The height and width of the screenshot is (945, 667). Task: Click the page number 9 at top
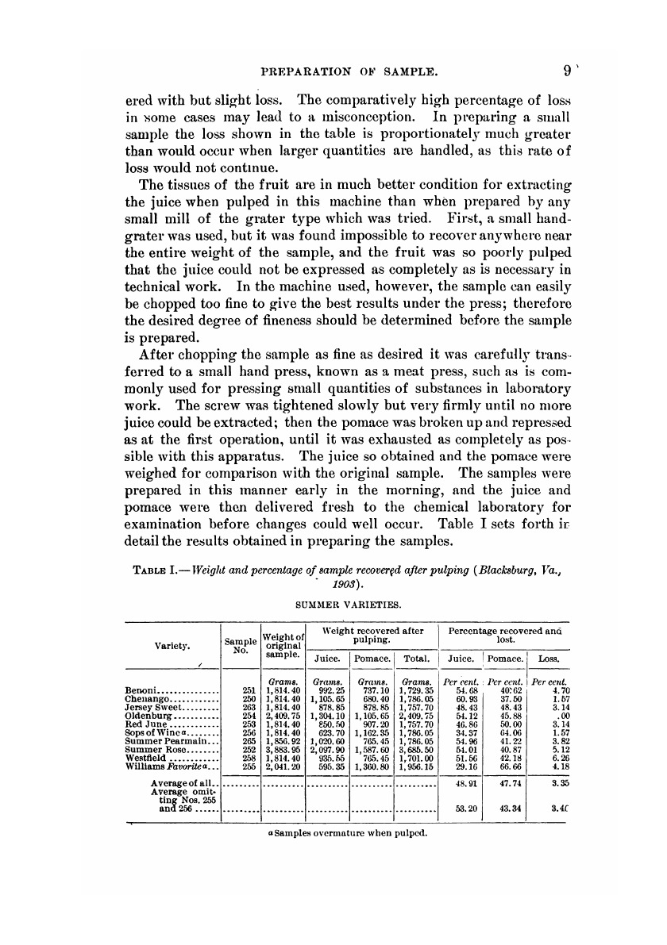[566, 71]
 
